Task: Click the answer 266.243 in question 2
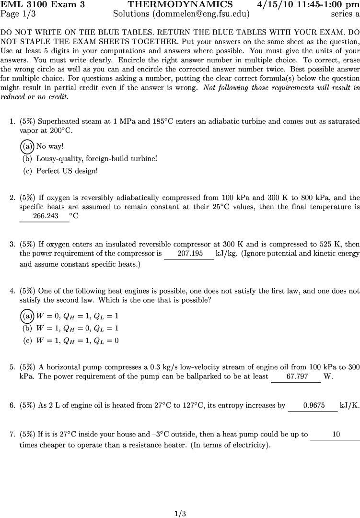pyautogui.click(x=44, y=216)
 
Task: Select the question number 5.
pyautogui.click(x=12, y=367)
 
